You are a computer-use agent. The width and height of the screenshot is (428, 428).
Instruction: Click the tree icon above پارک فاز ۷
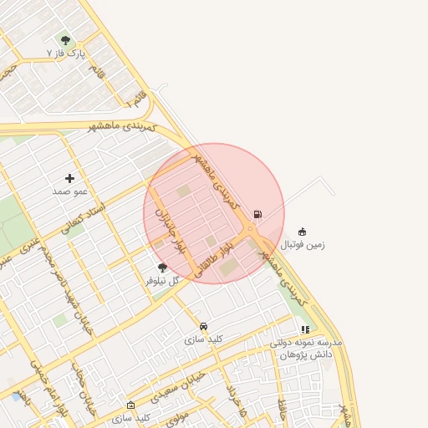tap(66, 39)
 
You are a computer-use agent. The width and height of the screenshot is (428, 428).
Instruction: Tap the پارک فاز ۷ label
tap(66, 53)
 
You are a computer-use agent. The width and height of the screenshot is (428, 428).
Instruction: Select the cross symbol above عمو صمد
tap(69, 178)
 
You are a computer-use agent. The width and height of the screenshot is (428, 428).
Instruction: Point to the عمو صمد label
tap(69, 191)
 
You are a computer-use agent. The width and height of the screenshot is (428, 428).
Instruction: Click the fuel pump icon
tap(257, 215)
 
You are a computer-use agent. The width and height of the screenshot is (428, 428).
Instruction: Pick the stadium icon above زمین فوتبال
tap(302, 232)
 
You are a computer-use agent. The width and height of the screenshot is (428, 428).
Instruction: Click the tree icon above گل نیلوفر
tap(162, 267)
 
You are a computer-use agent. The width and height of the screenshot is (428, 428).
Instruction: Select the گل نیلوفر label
tap(162, 281)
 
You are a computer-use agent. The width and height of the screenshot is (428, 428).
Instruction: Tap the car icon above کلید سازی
tap(203, 326)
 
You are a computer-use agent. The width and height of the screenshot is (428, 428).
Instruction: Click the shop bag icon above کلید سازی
tap(130, 405)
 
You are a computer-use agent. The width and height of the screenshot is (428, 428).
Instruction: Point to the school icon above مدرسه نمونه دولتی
tap(305, 330)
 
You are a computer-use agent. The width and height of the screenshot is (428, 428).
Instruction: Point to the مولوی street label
tap(178, 415)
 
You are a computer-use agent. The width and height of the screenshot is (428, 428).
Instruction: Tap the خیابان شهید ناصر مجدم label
tap(75, 288)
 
